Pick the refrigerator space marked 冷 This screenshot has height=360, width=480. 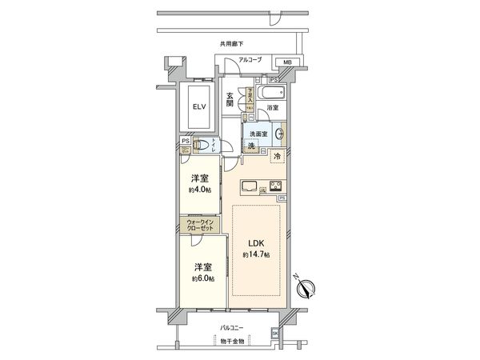coord(277,157)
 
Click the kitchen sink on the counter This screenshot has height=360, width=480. coord(250,188)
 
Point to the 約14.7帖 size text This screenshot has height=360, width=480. coord(256,254)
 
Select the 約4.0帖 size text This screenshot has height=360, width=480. coord(200,190)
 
